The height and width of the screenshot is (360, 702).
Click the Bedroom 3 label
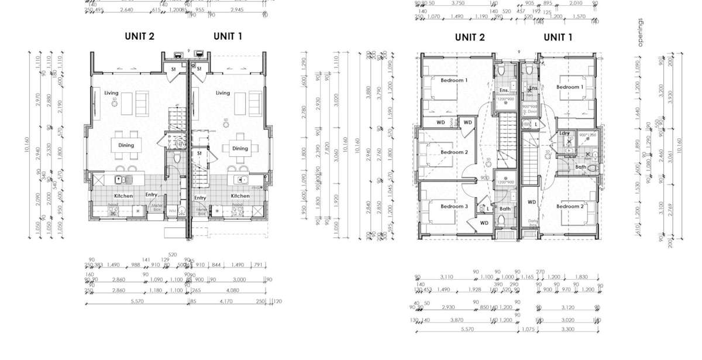pyautogui.click(x=454, y=206)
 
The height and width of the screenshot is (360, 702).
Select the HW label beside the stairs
pyautogui.click(x=526, y=124)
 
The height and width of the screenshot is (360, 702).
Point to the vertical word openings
pyautogui.click(x=641, y=32)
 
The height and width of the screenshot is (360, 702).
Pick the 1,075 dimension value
pyautogui.click(x=528, y=330)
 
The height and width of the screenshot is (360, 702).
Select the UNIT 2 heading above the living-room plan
pyautogui.click(x=139, y=36)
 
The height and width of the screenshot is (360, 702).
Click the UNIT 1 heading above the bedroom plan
pyautogui.click(x=558, y=37)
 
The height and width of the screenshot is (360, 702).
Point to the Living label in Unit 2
pyautogui.click(x=111, y=93)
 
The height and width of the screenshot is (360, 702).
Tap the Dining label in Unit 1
pyautogui.click(x=240, y=148)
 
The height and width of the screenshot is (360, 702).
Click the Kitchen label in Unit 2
pyautogui.click(x=123, y=196)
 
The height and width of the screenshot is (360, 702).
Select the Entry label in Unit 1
pyautogui.click(x=200, y=198)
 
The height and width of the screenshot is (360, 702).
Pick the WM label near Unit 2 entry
pyautogui.click(x=172, y=210)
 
